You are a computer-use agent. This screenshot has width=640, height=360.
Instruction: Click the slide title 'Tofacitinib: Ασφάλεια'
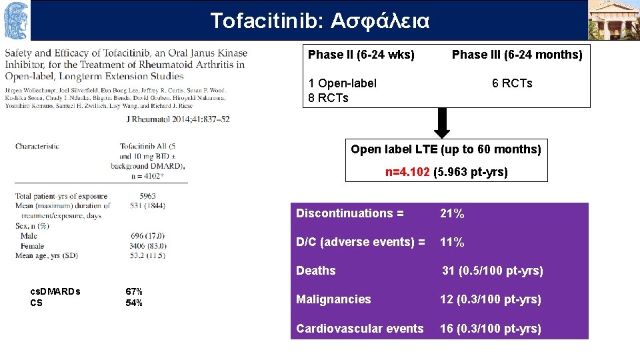coord(320,21)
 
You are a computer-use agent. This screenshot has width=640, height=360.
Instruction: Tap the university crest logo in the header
coord(16,20)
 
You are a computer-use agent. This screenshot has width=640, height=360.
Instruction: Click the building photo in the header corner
coord(613,20)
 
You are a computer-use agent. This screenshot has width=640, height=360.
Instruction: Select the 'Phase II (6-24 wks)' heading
coord(361,55)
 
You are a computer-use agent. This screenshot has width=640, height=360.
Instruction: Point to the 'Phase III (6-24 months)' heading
coord(517,55)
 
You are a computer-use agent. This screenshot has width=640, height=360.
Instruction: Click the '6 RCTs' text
coord(512,83)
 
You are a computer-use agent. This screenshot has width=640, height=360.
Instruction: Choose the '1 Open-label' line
coord(343,83)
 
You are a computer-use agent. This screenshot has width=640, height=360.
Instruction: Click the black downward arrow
coord(442,123)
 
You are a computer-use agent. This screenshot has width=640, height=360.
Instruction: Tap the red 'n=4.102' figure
coord(407,172)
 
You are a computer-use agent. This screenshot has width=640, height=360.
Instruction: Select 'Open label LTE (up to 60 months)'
coord(446,149)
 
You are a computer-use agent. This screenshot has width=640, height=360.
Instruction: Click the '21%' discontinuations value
coord(452,213)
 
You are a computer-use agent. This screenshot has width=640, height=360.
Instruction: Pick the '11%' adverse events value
coord(452,242)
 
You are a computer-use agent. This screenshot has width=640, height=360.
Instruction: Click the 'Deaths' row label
coord(316,271)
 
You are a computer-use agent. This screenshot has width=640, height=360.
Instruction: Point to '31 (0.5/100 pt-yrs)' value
coord(493,271)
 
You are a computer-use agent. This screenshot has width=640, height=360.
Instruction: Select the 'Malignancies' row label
coord(333,299)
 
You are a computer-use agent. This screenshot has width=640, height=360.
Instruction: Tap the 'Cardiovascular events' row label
coord(360,328)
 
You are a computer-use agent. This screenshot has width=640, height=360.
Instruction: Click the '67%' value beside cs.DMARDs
coord(134,291)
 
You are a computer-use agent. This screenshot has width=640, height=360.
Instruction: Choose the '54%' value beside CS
coord(134,303)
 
